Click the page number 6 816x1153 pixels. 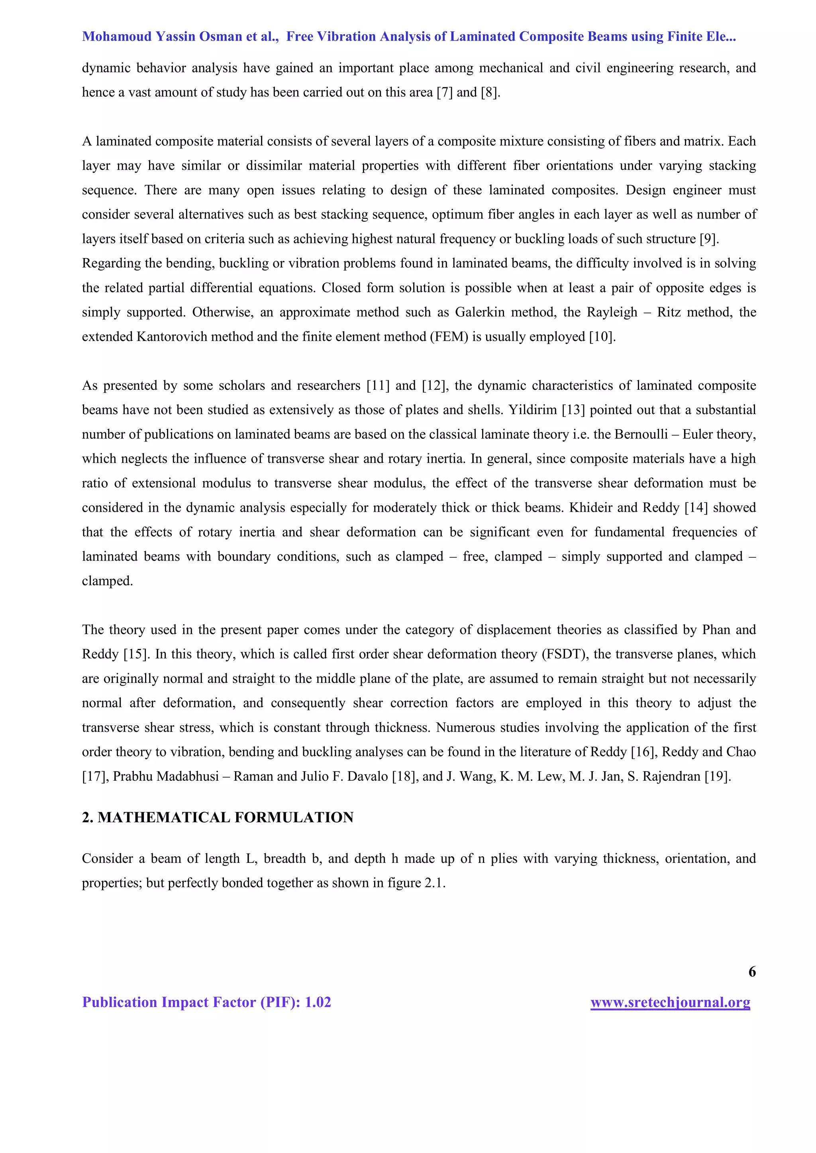(x=752, y=972)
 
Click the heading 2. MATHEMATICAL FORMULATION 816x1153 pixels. (x=218, y=817)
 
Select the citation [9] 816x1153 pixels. (x=709, y=239)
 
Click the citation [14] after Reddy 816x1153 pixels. (x=696, y=508)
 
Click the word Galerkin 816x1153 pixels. (x=476, y=313)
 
